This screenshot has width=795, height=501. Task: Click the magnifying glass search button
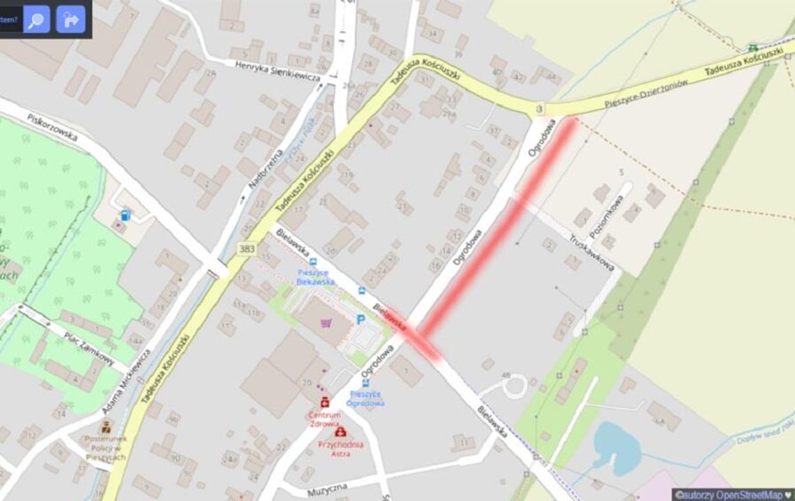coord(36,19)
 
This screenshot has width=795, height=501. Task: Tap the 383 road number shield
coord(246,248)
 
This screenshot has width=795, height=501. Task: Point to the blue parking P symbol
coord(361,320)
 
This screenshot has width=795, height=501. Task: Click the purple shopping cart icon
coord(326,322)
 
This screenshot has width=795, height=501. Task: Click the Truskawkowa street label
coord(591,252)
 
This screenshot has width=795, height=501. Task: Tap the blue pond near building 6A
coord(615,446)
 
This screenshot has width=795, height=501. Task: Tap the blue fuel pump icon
coord(125,215)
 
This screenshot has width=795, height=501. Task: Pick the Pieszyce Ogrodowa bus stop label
coord(366,398)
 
